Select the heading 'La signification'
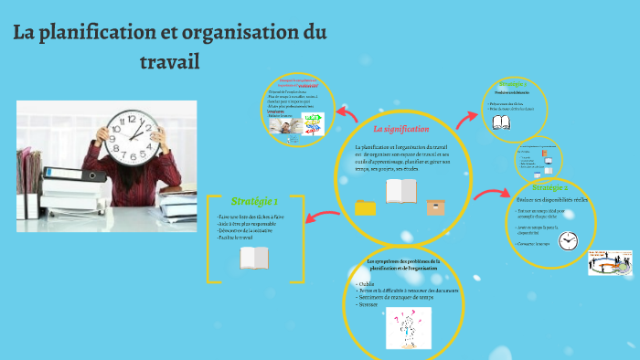click(x=401, y=130)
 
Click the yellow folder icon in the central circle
click(x=366, y=207)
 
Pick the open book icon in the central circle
click(x=401, y=191)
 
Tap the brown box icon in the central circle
click(x=435, y=206)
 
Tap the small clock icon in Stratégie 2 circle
click(x=569, y=240)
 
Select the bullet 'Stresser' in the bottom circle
click(x=369, y=304)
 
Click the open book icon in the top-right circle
click(x=501, y=122)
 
